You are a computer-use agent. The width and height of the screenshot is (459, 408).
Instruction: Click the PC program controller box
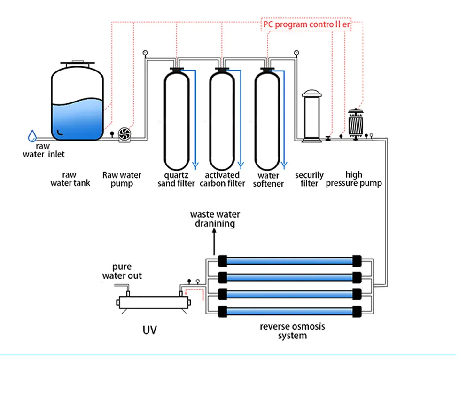(x=306, y=24)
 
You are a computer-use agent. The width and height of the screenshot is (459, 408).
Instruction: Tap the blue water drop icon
(x=32, y=136)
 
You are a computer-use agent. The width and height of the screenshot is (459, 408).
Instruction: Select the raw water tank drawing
(x=77, y=103)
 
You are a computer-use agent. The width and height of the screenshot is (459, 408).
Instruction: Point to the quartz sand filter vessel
(x=177, y=120)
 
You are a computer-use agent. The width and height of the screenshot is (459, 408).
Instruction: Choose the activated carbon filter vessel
(x=222, y=120)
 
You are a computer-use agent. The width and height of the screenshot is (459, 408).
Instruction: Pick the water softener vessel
(x=267, y=120)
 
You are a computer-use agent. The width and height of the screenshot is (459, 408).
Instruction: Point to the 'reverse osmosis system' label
(x=292, y=331)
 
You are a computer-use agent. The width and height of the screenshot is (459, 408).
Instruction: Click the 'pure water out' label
(x=122, y=271)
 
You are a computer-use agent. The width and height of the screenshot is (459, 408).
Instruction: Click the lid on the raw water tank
(x=77, y=63)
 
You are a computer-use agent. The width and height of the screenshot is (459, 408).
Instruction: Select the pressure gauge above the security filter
(x=296, y=53)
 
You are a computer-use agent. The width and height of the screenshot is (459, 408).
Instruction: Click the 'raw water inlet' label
(x=44, y=150)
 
